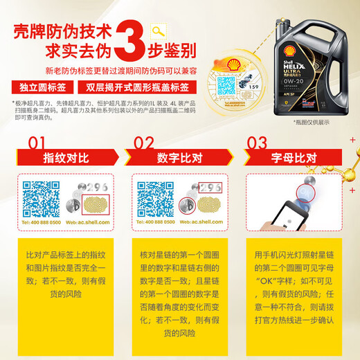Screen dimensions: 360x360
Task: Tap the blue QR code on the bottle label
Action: point(248,91)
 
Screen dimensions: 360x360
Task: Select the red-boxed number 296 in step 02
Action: point(210,188)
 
